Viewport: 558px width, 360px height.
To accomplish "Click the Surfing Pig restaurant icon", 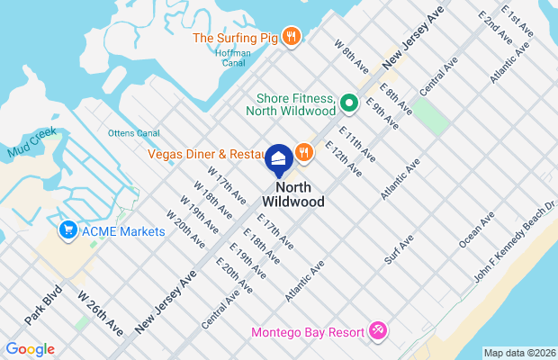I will [x=291, y=37].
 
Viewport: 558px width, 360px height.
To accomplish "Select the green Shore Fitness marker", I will [x=348, y=103].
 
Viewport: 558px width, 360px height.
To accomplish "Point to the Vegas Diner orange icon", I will [x=304, y=154].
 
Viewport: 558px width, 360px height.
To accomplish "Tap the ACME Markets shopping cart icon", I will [x=67, y=231].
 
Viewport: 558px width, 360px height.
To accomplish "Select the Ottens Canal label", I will [x=133, y=134].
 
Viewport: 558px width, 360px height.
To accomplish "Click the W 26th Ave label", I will [x=99, y=312].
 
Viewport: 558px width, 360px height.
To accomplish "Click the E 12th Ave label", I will [x=343, y=157].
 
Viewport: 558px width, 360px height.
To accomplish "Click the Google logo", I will [x=30, y=349].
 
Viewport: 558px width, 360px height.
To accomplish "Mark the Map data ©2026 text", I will [x=518, y=353].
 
